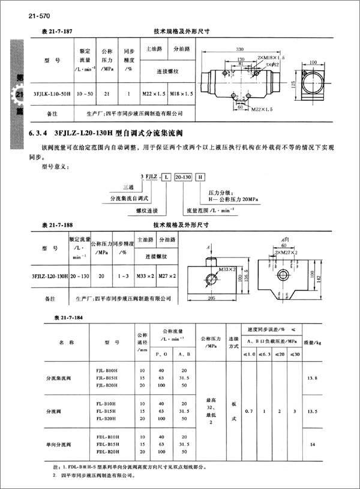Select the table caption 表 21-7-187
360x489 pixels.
(55, 29)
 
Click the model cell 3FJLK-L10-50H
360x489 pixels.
(52, 94)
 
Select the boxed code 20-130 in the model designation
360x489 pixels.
(184, 177)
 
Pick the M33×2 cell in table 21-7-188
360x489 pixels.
(143, 277)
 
